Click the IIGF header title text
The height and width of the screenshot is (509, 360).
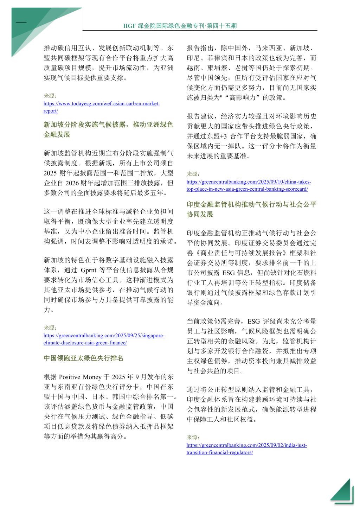pyautogui.click(x=180, y=26)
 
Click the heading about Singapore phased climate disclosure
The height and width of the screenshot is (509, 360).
pyautogui.click(x=108, y=129)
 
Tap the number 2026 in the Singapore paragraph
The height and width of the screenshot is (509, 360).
pyautogui.click(x=72, y=183)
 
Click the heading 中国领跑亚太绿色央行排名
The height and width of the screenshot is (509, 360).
pyautogui.click(x=83, y=358)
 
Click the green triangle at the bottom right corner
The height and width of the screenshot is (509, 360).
pyautogui.click(x=343, y=492)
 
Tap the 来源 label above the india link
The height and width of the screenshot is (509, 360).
pyautogui.click(x=193, y=437)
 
